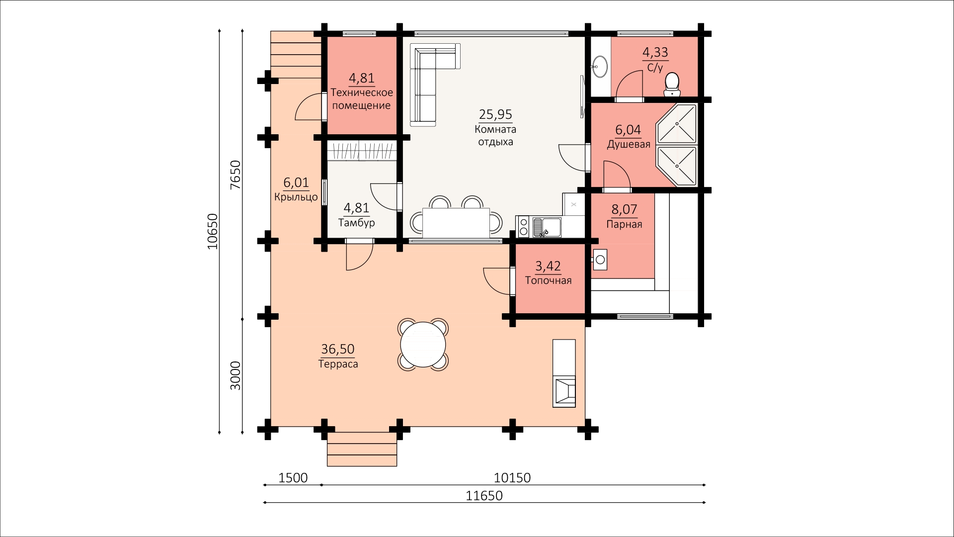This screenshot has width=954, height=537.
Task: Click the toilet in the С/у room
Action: (672, 84)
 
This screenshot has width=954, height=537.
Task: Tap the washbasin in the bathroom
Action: (599, 67)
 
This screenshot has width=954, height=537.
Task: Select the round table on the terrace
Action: (423, 344)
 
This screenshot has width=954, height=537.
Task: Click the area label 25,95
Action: (495, 115)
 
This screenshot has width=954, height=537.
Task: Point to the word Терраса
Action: (338, 364)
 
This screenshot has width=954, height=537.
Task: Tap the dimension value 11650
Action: (484, 496)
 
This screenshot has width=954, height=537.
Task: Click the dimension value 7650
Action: (236, 175)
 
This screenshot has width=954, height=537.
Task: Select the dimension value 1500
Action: (293, 478)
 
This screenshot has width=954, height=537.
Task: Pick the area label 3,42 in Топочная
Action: (549, 267)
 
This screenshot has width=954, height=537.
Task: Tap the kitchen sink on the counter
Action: (547, 227)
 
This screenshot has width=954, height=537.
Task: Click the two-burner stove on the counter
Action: (523, 227)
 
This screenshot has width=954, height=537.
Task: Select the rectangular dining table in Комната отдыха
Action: (456, 222)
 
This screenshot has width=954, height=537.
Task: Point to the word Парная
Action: (624, 224)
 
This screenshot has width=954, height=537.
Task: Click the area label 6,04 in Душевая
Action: (628, 130)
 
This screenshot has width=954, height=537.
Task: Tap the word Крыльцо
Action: (296, 197)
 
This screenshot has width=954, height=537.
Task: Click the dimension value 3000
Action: (236, 375)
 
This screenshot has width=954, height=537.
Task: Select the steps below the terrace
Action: (362, 449)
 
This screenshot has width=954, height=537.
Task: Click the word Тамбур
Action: (357, 223)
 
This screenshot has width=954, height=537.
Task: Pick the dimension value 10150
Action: (512, 478)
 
